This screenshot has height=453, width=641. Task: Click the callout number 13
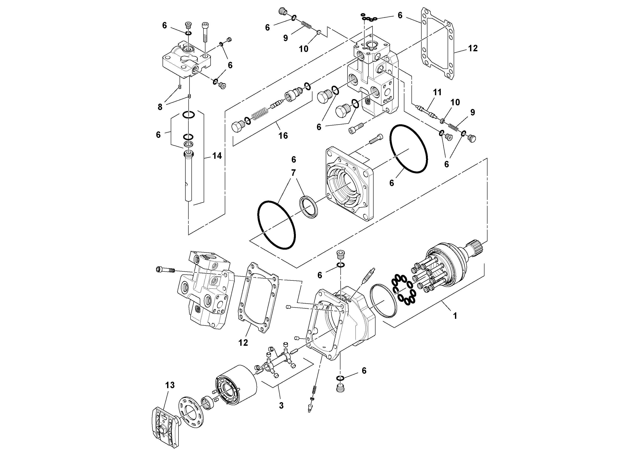170,385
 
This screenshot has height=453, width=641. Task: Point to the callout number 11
437,92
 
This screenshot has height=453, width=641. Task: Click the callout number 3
281,406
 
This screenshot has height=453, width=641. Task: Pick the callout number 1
455,316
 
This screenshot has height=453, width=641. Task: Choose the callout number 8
160,107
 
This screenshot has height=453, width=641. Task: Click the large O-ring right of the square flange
408,149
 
